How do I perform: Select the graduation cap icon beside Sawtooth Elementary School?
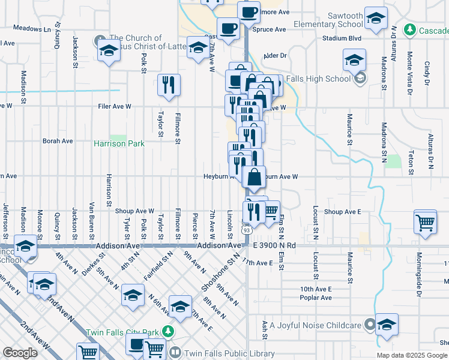[376, 19]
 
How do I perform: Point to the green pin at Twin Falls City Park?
[169, 332]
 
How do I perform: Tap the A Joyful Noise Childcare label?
[316, 326]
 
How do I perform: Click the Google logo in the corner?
[20, 353]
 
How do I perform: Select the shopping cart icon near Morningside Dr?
[425, 222]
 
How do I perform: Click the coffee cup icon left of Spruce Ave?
[228, 28]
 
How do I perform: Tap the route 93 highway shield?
[247, 229]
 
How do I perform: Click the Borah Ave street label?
[58, 141]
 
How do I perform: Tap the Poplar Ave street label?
[316, 298]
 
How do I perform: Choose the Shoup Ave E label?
[342, 212]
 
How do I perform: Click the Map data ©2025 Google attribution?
[412, 355]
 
